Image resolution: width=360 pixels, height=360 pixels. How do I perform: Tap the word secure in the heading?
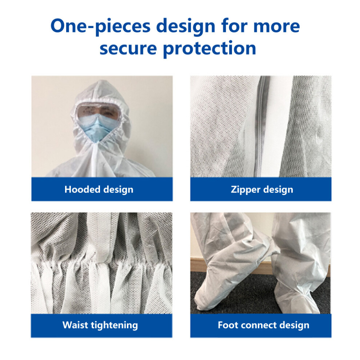pyautogui.click(x=128, y=48)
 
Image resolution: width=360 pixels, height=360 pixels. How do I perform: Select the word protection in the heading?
pyautogui.click(x=209, y=49)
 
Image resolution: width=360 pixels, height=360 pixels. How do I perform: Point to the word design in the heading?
pyautogui.click(x=186, y=27)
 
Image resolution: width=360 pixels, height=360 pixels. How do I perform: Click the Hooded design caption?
pyautogui.click(x=99, y=190)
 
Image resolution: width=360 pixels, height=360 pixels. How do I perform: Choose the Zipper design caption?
pyautogui.click(x=262, y=190)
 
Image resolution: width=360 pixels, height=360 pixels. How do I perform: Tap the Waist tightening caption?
pyautogui.click(x=100, y=325)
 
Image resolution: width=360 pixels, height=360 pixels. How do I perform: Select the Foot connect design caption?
pyautogui.click(x=264, y=325)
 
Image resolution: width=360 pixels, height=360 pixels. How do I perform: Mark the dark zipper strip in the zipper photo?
pyautogui.click(x=262, y=126)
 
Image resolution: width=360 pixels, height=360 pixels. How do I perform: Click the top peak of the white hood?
pyautogui.click(x=102, y=80)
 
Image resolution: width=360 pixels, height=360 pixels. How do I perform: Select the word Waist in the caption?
pyautogui.click(x=75, y=325)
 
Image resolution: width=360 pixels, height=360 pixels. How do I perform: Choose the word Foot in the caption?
pyautogui.click(x=228, y=325)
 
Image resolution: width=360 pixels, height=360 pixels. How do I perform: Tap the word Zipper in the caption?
pyautogui.click(x=245, y=190)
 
